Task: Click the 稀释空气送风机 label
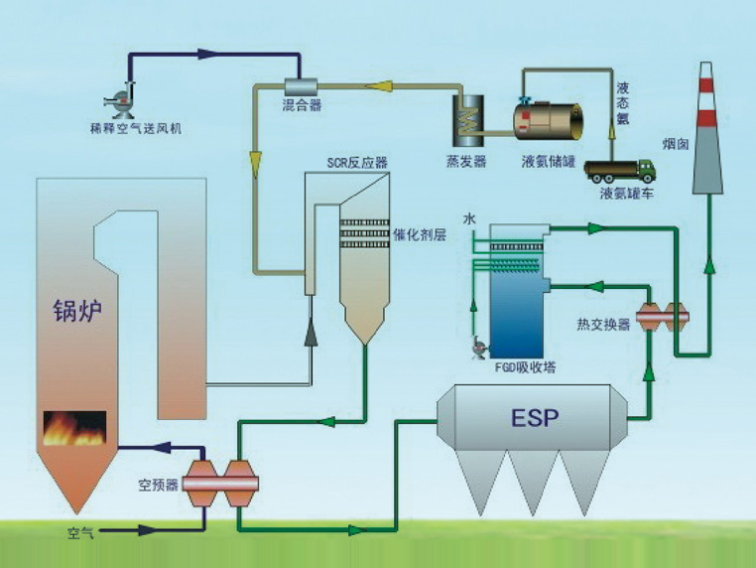(x=129, y=128)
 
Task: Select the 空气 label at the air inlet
(x=80, y=533)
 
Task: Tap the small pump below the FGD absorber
(x=478, y=347)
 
